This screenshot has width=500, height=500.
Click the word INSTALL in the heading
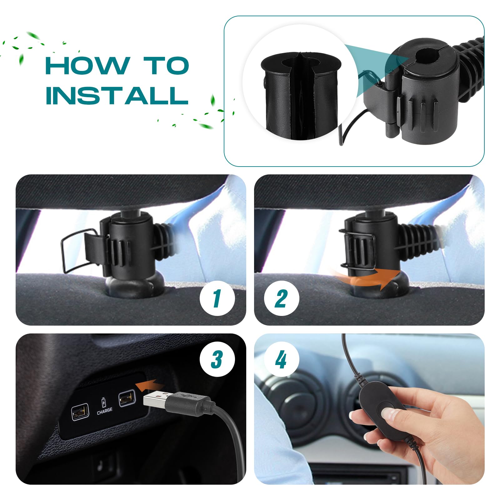point(117,95)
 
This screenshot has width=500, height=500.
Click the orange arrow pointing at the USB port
point(150,385)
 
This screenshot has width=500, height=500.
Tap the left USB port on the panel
point(80,412)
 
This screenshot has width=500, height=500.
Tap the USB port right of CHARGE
point(127,398)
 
